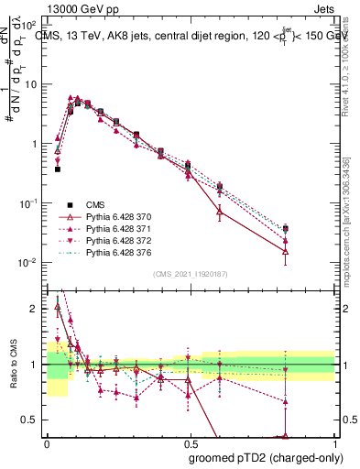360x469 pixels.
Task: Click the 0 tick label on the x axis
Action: pyautogui.click(x=47, y=443)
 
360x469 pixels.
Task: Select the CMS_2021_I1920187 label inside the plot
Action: pyautogui.click(x=190, y=273)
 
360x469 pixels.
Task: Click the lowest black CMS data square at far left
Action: pyautogui.click(x=57, y=169)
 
